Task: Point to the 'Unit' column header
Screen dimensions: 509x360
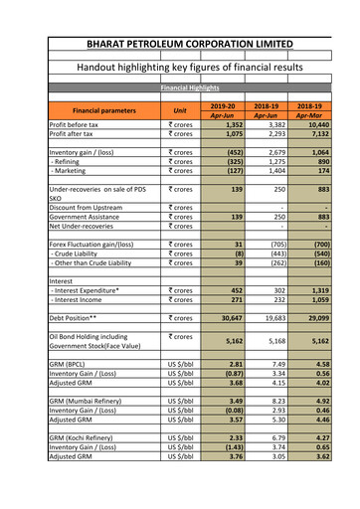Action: pos(180,110)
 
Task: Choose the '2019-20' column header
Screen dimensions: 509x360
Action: pos(224,104)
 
